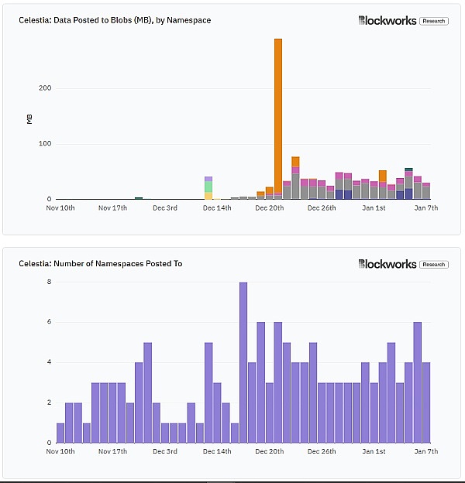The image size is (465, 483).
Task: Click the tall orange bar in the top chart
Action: (278, 116)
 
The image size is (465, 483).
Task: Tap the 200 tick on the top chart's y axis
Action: (45, 88)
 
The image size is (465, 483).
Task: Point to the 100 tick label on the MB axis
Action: (45, 144)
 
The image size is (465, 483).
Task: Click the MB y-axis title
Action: (29, 118)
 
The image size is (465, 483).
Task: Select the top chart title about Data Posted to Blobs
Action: (115, 20)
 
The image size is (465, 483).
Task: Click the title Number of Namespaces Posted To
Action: (101, 264)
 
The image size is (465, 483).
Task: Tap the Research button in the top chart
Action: (434, 21)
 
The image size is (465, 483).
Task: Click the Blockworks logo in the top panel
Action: (387, 21)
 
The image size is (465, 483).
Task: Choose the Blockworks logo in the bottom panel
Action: (387, 264)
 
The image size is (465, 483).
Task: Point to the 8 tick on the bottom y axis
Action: (49, 282)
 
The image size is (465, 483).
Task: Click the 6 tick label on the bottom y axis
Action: (49, 322)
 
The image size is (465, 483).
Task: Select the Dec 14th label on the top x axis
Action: (216, 207)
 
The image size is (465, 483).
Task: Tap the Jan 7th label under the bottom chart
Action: (427, 451)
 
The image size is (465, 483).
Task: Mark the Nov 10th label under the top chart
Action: (60, 207)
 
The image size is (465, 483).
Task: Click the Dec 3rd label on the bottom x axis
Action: (165, 451)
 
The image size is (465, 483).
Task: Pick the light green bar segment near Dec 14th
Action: (208, 187)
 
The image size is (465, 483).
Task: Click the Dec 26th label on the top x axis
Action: (322, 207)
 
